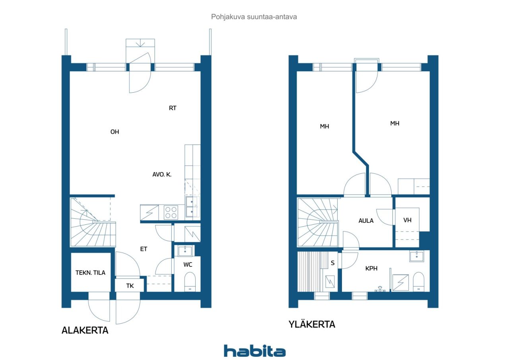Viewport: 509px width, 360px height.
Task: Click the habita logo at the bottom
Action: tap(254, 350)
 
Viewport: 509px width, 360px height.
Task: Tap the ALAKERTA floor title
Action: tap(85, 330)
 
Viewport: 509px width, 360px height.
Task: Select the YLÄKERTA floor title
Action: tap(312, 325)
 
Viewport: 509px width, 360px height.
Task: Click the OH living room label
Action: tap(115, 132)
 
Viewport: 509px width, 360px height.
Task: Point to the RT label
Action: tap(173, 108)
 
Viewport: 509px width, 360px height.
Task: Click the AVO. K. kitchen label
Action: tap(162, 174)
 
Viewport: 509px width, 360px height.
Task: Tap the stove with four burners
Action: tap(171, 212)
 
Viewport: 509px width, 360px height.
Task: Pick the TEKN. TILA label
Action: tap(91, 272)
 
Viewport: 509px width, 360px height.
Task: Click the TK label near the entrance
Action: tap(130, 286)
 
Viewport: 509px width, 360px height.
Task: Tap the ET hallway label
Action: tap(144, 249)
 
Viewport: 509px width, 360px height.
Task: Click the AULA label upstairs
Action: tap(366, 220)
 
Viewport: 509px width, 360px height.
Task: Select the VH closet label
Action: tap(407, 220)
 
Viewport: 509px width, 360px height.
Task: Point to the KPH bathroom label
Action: tap(371, 269)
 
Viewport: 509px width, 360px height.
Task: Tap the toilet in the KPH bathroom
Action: tap(419, 281)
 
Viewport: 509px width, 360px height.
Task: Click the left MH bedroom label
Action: tap(324, 126)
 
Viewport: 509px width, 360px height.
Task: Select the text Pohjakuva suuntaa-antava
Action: tap(254, 17)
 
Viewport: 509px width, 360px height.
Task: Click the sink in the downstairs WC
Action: tap(185, 251)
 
